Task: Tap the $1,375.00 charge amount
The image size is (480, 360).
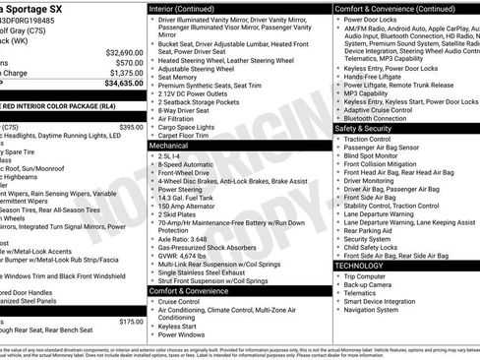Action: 122,73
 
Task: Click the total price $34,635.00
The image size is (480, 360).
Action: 119,85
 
